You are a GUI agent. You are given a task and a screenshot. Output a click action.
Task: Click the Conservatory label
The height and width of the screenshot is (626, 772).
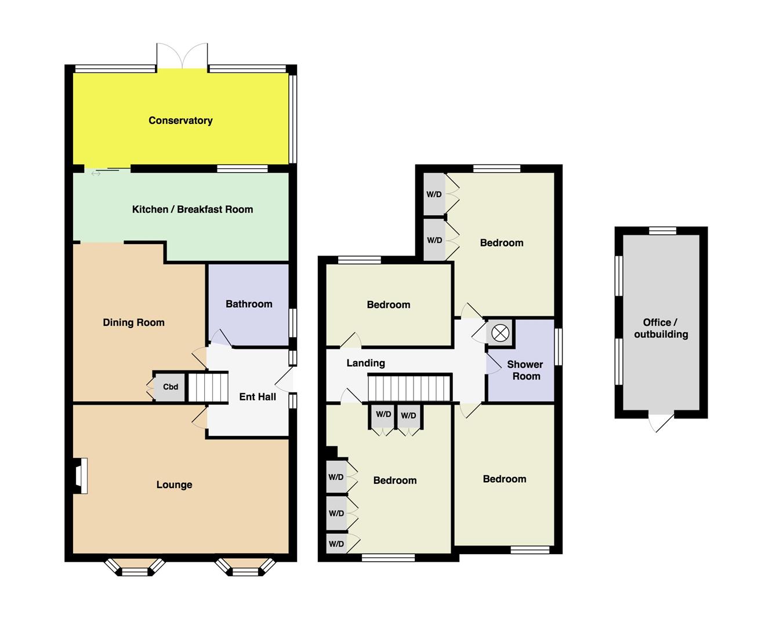pos(180,121)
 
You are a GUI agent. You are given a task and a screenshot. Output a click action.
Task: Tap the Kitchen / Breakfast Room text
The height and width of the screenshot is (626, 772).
pos(192,209)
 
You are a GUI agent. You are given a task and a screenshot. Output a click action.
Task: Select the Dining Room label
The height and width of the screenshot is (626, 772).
pos(133,322)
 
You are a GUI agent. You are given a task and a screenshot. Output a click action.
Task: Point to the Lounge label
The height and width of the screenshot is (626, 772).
pos(174,485)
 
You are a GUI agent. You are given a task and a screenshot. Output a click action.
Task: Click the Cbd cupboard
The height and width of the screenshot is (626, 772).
pos(170,387)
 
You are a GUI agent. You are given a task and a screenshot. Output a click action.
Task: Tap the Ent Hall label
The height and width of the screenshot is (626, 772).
pos(258,397)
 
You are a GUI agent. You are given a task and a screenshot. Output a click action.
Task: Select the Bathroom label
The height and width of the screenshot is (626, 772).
pos(249,304)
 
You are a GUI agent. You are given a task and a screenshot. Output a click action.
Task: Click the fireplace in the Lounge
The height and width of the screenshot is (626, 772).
pos(80,476)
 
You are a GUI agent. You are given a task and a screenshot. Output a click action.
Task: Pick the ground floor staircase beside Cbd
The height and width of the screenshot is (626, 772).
pos(208,387)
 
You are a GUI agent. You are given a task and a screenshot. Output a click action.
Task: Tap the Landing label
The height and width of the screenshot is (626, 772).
pos(365,363)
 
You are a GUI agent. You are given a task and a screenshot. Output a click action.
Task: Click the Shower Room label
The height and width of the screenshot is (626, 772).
pos(525,370)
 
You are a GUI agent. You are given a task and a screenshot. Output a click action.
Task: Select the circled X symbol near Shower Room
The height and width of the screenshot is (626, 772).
pos(500,333)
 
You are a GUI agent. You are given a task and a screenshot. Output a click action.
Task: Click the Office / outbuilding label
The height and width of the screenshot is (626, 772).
pos(661,328)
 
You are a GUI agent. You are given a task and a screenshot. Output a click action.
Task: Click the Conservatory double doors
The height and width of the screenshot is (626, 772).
pos(182,56)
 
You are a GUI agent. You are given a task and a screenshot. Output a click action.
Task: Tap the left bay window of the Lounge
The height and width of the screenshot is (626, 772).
pos(135,567)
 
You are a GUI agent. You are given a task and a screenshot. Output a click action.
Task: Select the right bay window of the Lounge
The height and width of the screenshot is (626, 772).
pos(245,567)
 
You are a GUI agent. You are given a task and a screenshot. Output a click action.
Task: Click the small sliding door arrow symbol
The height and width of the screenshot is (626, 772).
pos(96,174)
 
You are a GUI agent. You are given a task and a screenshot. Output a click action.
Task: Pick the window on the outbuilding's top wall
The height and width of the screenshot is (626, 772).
pos(662,231)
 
